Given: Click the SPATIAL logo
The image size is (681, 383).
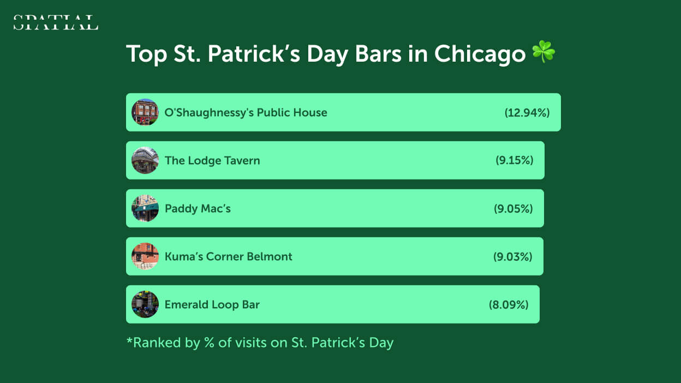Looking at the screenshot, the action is click(x=56, y=22).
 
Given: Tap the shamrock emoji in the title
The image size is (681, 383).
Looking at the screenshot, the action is click(x=543, y=52).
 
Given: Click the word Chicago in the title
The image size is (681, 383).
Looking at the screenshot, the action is click(x=480, y=55).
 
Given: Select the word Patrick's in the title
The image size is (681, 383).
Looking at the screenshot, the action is click(x=254, y=54).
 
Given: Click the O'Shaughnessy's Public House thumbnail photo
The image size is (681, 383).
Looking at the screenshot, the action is click(x=145, y=112).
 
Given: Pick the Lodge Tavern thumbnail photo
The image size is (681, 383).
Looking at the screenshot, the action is click(x=145, y=160).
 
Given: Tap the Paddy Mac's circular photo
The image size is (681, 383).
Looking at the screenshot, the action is click(x=145, y=208).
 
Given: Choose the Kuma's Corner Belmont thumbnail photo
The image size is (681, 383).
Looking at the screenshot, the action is click(x=145, y=256).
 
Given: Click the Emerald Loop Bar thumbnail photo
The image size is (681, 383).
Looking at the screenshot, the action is click(x=145, y=304).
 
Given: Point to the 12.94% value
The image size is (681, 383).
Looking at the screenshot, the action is click(x=527, y=113).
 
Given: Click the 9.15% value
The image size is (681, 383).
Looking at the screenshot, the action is click(x=515, y=160).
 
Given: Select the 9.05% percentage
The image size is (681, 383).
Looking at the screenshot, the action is click(x=513, y=208).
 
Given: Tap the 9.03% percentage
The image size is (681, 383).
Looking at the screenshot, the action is click(x=512, y=256).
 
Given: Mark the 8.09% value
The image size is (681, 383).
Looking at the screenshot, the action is click(x=509, y=304).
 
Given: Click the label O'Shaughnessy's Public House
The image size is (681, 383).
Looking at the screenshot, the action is click(x=246, y=113).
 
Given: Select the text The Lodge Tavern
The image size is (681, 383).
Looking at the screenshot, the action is click(x=212, y=160).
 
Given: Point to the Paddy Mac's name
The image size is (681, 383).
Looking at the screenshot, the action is click(x=198, y=208).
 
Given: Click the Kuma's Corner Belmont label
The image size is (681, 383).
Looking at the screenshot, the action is click(x=228, y=256).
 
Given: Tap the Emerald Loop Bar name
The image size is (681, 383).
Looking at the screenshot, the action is click(x=212, y=304).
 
